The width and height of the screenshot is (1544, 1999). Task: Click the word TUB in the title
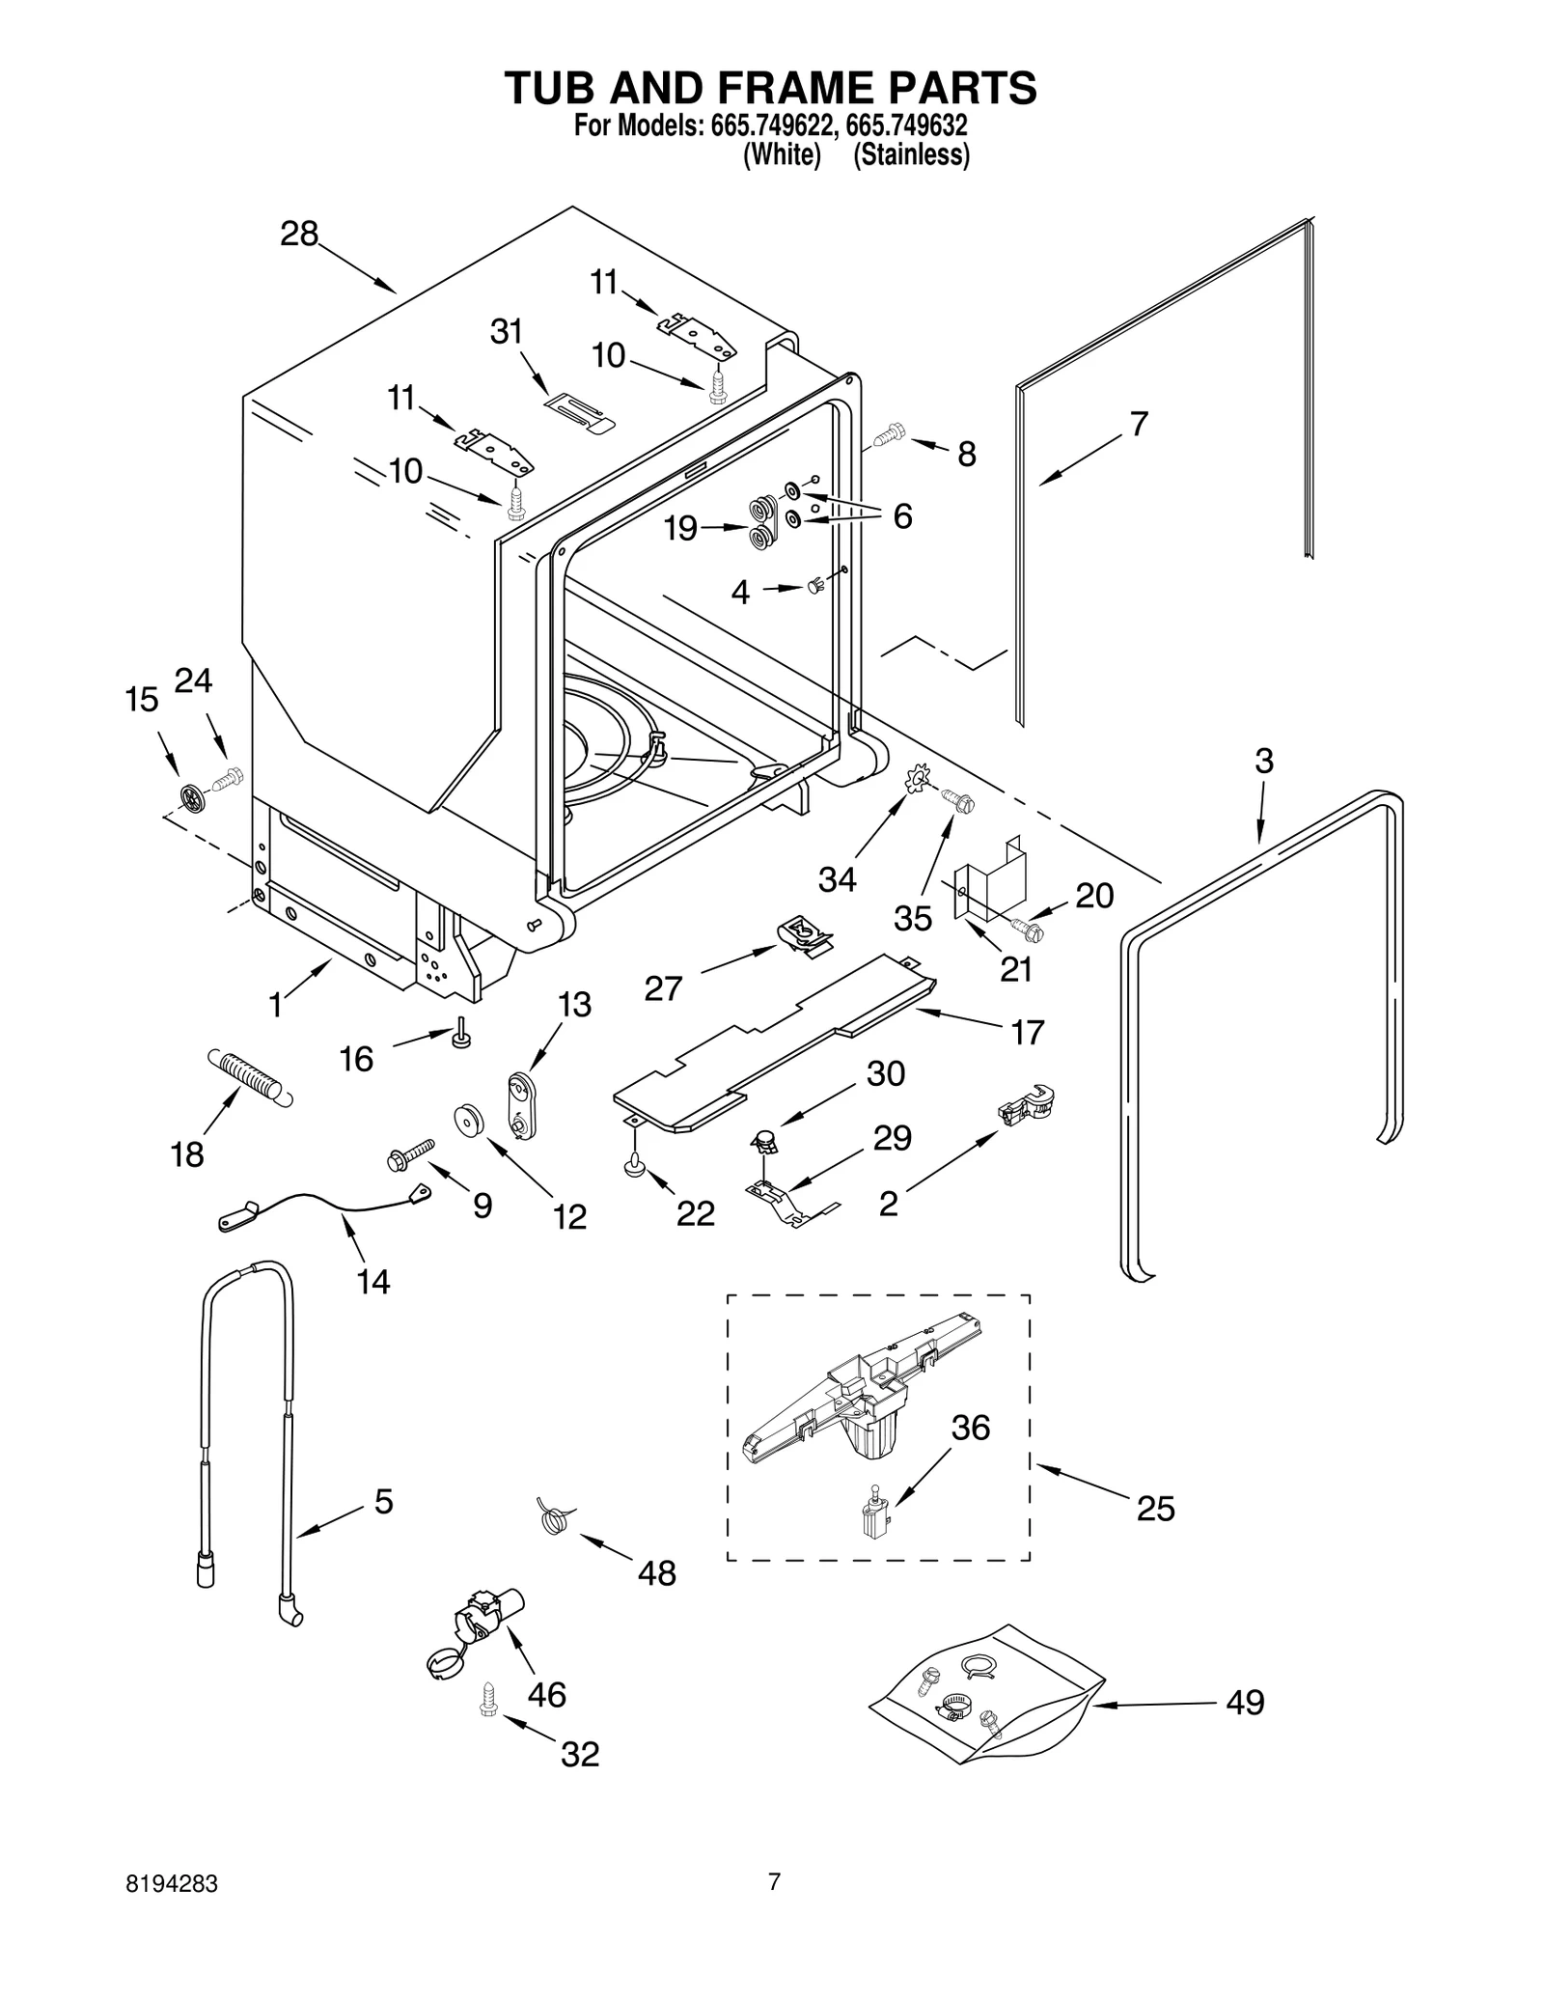tap(551, 88)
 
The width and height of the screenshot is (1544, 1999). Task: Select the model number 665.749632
tap(908, 126)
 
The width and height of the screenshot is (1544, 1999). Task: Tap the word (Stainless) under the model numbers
tap(911, 154)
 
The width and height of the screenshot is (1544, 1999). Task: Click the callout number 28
tap(299, 234)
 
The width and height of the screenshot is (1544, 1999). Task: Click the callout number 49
tap(1245, 1703)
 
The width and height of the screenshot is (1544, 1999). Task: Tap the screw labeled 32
tap(487, 1699)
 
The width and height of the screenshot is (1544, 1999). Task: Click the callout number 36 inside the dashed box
tap(971, 1428)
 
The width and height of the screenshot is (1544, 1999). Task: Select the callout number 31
tap(507, 332)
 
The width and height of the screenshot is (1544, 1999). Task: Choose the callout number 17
tap(1028, 1032)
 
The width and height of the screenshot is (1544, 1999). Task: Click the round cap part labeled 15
tap(193, 796)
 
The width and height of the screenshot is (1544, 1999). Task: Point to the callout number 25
tap(1155, 1508)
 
